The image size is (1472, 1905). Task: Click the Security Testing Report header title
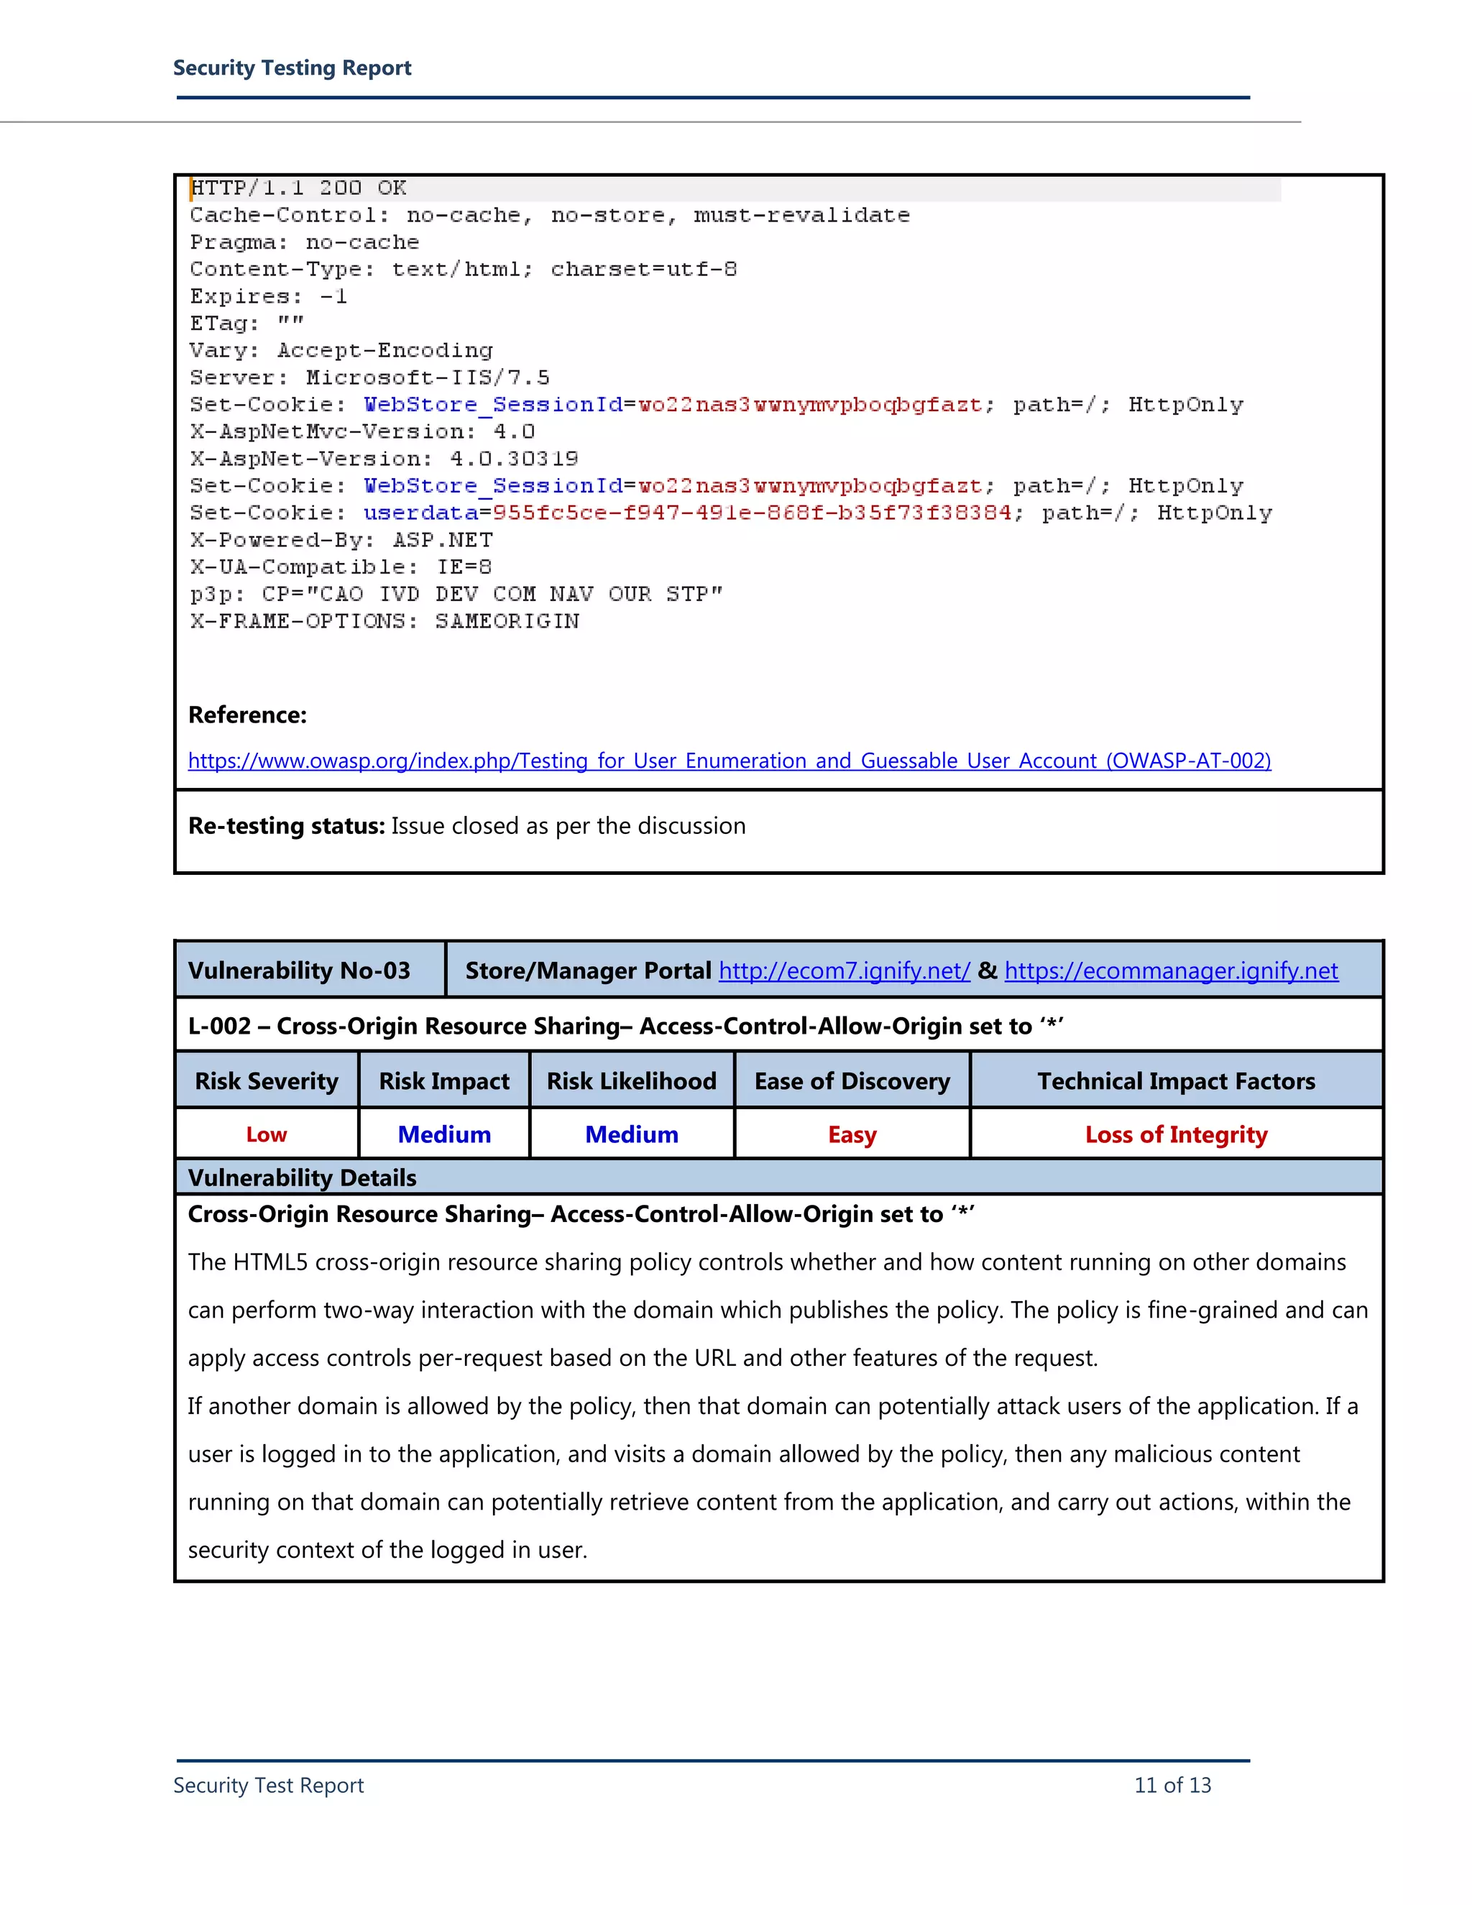point(292,68)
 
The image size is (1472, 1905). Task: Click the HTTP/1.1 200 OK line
point(298,188)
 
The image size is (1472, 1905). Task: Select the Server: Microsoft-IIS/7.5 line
point(369,377)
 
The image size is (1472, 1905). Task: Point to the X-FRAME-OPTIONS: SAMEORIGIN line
point(385,621)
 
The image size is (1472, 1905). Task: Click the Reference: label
point(248,715)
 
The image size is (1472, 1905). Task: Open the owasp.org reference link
point(729,761)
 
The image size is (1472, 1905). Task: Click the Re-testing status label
point(287,826)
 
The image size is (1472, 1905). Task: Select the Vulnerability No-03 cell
point(299,970)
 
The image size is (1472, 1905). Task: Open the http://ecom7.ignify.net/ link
point(844,970)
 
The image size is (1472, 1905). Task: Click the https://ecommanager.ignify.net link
point(1171,970)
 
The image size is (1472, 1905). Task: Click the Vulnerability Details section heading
point(303,1178)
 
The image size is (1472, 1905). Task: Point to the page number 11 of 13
point(1172,1786)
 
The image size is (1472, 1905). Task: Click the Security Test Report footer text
point(269,1786)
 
